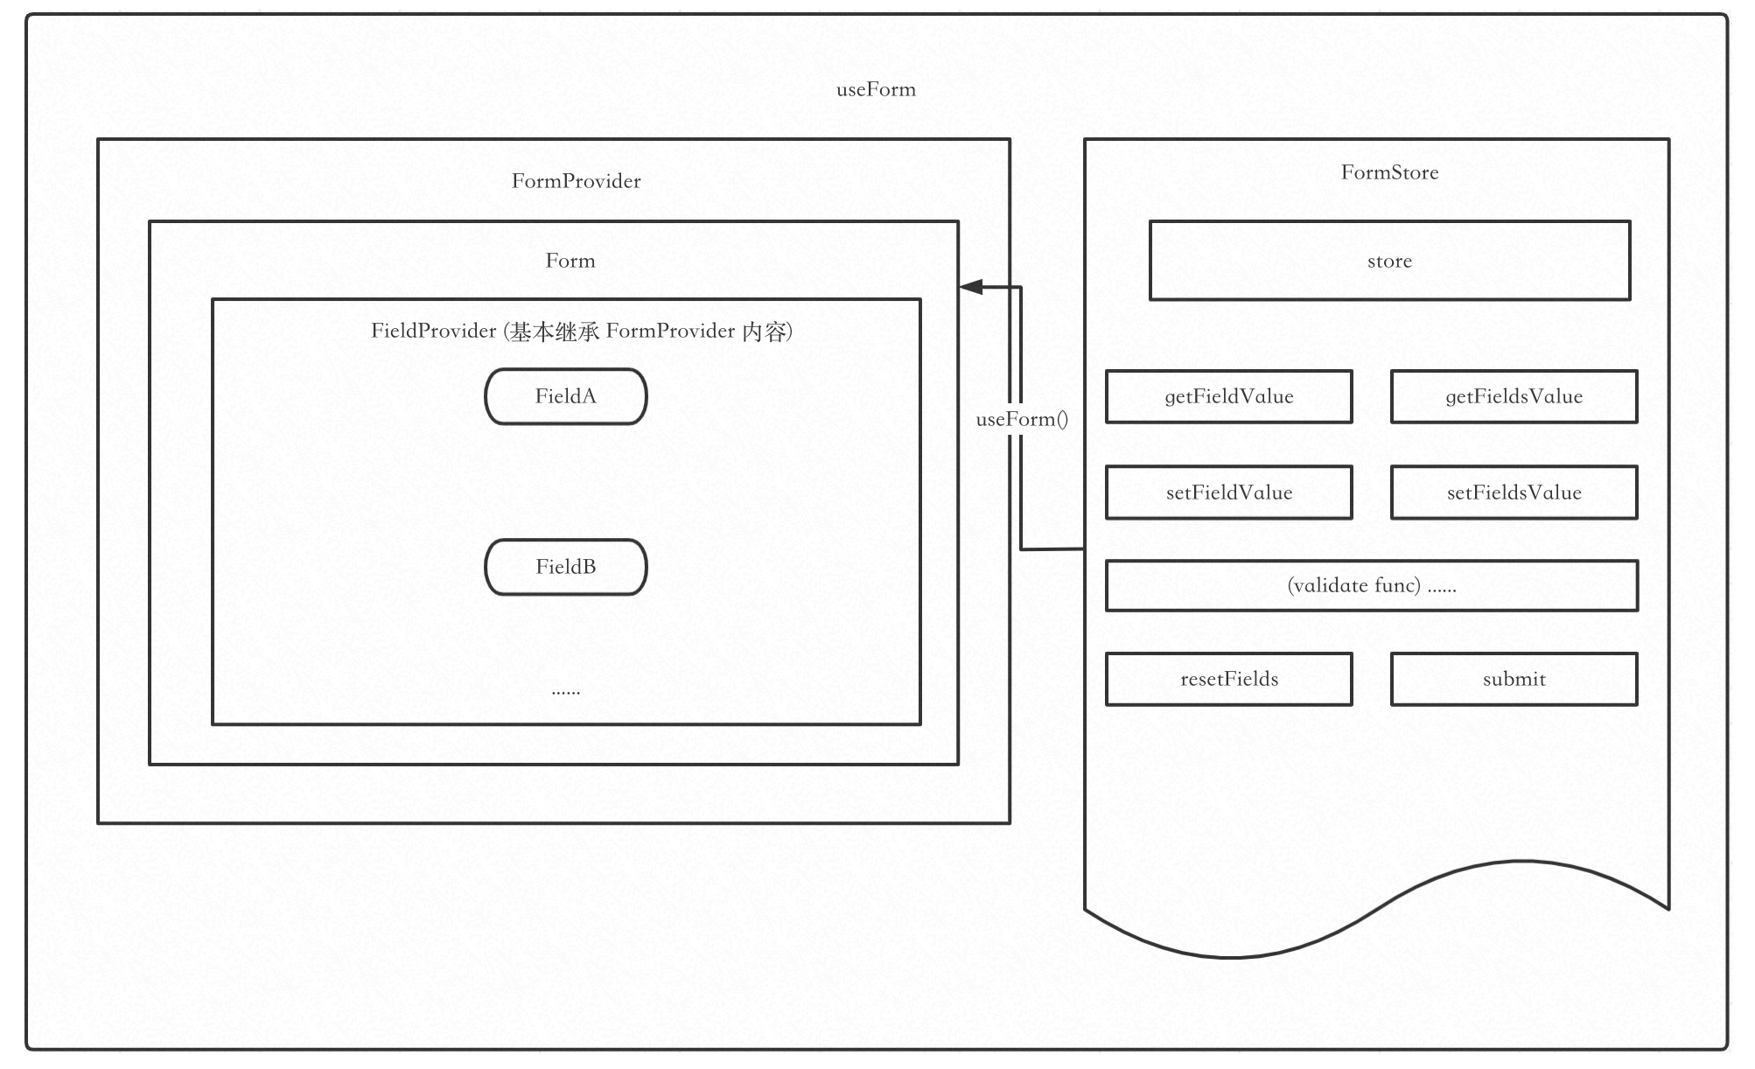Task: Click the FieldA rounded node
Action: pyautogui.click(x=566, y=396)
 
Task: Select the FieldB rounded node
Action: pyautogui.click(x=566, y=567)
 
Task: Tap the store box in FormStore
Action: pyautogui.click(x=1389, y=261)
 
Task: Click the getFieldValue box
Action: pyautogui.click(x=1228, y=396)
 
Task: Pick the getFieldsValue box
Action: pyautogui.click(x=1514, y=396)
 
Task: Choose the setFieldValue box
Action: pyautogui.click(x=1228, y=493)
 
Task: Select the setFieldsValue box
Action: pyautogui.click(x=1514, y=493)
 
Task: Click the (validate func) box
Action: pyautogui.click(x=1371, y=585)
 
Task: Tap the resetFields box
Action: pyautogui.click(x=1228, y=679)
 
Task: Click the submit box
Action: pyautogui.click(x=1514, y=679)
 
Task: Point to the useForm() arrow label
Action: pyautogui.click(x=1022, y=419)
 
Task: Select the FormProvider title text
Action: pyautogui.click(x=576, y=181)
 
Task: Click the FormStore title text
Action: pyautogui.click(x=1389, y=172)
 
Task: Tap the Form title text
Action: pyautogui.click(x=570, y=261)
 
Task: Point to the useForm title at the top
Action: pyautogui.click(x=876, y=89)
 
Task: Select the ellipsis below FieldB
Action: pyautogui.click(x=566, y=690)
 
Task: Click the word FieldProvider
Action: pyautogui.click(x=433, y=331)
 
